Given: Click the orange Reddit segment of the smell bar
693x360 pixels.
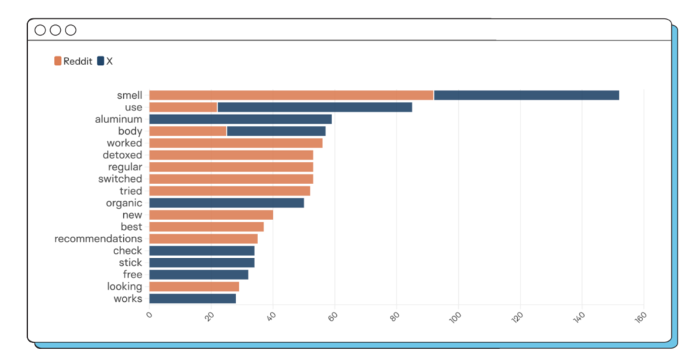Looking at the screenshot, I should (291, 95).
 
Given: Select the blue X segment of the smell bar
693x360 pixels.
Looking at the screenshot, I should (526, 95).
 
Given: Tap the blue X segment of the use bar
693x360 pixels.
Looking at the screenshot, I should (315, 107).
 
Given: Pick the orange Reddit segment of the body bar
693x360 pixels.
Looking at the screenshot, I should (187, 131).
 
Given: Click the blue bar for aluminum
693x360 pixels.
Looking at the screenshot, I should (240, 119).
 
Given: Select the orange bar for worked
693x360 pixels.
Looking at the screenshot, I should (236, 143).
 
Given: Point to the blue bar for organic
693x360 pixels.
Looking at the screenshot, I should (227, 203).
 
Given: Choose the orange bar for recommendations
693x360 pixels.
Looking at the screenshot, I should (203, 239).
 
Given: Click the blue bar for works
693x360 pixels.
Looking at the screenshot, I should (192, 298).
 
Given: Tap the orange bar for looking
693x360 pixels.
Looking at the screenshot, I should (194, 286).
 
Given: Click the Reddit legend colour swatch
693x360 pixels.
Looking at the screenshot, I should (58, 61).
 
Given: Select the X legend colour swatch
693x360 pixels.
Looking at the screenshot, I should (101, 61).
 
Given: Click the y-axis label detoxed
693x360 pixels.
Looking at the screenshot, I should (122, 155).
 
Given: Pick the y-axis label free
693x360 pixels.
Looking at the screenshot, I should (133, 275).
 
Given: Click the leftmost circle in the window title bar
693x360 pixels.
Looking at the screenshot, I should (40, 30).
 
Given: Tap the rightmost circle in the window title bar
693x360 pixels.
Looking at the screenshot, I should (70, 30).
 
